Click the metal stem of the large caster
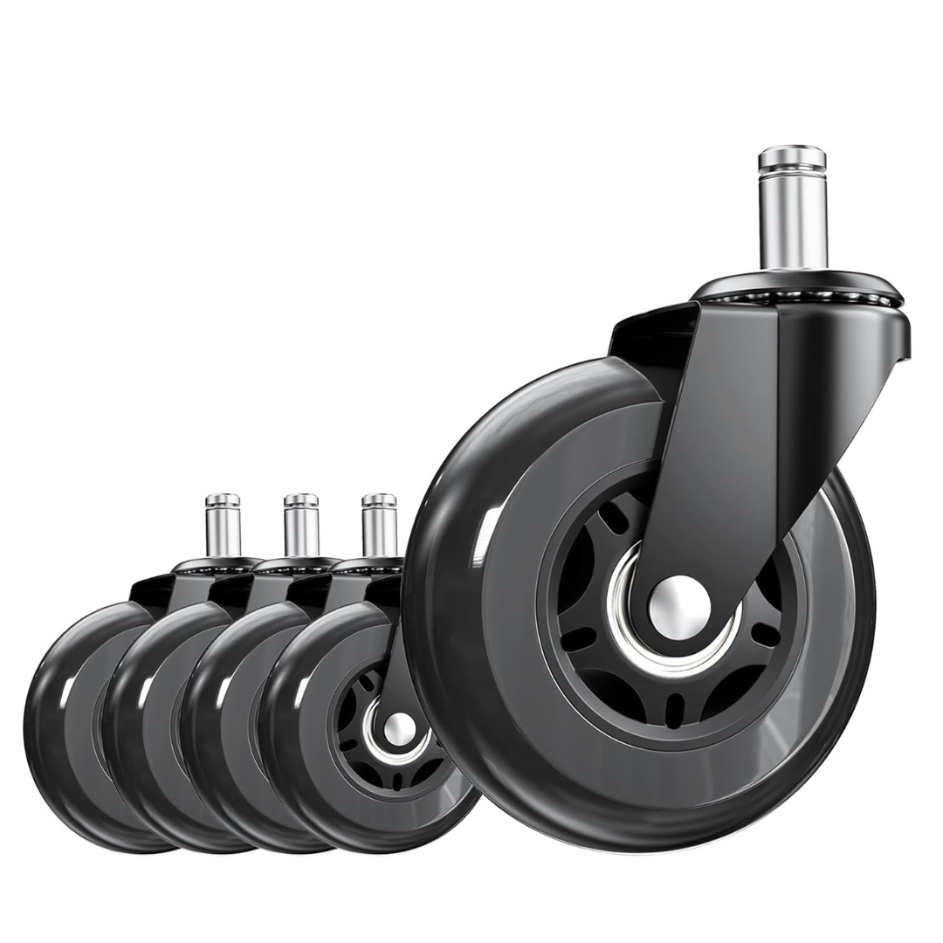click(x=792, y=223)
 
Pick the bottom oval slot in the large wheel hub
click(x=674, y=710)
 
